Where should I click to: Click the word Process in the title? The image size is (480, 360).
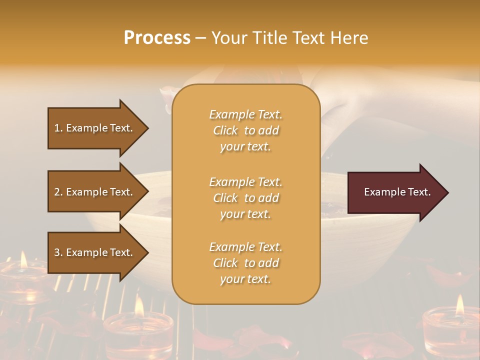point(157,38)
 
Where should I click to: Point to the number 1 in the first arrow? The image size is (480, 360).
point(57,128)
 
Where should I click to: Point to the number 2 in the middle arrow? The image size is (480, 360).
point(57,192)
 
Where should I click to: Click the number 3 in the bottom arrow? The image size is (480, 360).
point(57,252)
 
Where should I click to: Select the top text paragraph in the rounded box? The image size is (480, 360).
point(245,130)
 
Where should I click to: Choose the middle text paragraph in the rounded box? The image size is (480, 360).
point(245,198)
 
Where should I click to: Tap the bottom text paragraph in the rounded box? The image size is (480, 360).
point(245,263)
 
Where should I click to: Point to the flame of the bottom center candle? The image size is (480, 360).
point(139,306)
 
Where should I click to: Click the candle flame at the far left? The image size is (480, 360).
point(23,259)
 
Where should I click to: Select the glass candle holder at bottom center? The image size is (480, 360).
point(138,333)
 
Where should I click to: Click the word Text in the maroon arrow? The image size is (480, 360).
point(419,192)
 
